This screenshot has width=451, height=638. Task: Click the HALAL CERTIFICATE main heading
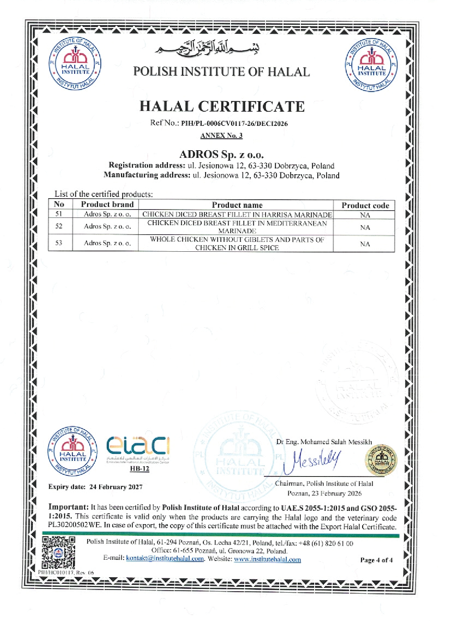[222, 107]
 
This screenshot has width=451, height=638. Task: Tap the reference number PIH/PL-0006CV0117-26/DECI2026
[234, 124]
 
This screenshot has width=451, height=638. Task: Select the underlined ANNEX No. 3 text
[221, 136]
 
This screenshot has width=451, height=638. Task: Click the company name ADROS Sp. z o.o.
[221, 155]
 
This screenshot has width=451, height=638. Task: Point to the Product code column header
[365, 206]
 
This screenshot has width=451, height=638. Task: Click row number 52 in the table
[59, 226]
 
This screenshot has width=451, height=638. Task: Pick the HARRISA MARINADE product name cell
[237, 215]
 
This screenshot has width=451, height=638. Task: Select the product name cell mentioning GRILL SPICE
[237, 244]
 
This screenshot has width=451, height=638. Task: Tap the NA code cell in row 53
[365, 244]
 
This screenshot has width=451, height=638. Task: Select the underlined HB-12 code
[140, 468]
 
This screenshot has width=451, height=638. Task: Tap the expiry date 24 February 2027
[116, 487]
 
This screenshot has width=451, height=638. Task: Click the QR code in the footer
[59, 552]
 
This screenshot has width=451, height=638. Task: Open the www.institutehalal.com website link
[267, 559]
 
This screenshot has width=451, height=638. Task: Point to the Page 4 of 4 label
[376, 560]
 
